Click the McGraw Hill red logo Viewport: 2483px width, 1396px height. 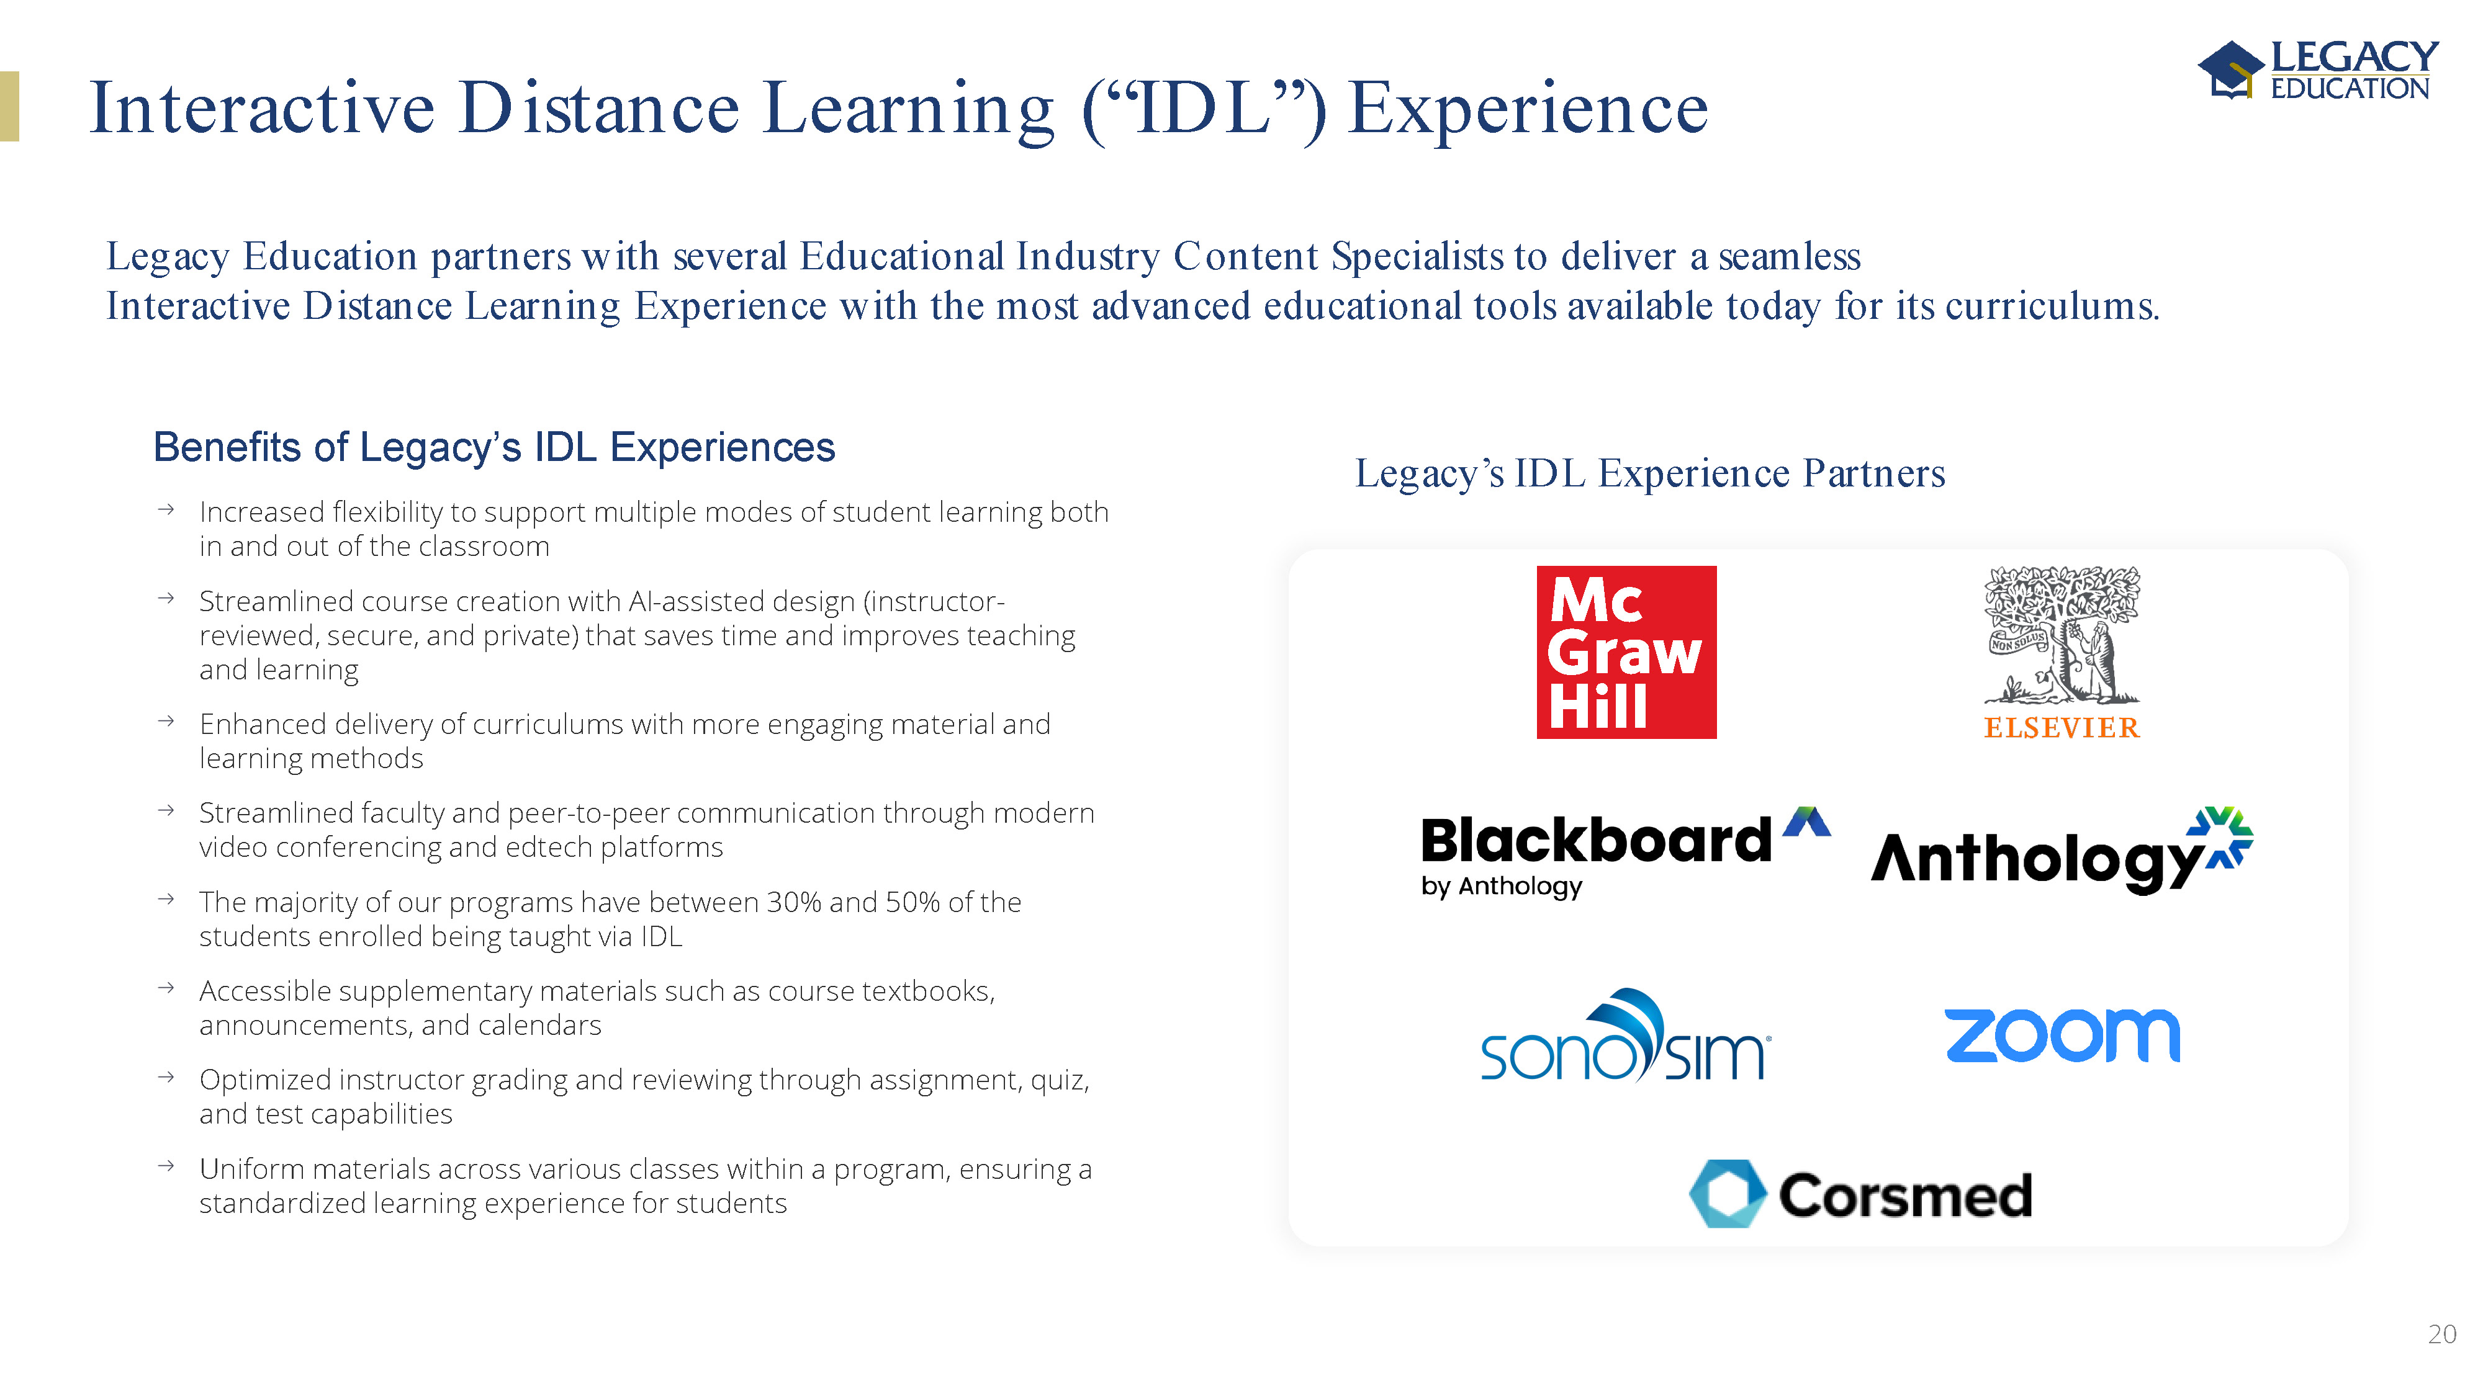click(x=1626, y=652)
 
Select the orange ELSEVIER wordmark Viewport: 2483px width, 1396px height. click(x=2062, y=727)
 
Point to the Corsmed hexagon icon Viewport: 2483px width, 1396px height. click(x=1728, y=1194)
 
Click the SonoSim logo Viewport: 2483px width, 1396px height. click(x=1625, y=1036)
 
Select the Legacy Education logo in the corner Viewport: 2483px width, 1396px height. click(x=2318, y=69)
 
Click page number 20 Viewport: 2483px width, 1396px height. click(x=2441, y=1335)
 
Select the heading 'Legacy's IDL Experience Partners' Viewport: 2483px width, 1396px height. click(x=1650, y=473)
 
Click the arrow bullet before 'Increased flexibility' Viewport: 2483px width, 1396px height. click(x=166, y=509)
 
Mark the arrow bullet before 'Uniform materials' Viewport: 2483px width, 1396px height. click(x=166, y=1166)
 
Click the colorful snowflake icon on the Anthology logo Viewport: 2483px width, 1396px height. click(x=2220, y=837)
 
